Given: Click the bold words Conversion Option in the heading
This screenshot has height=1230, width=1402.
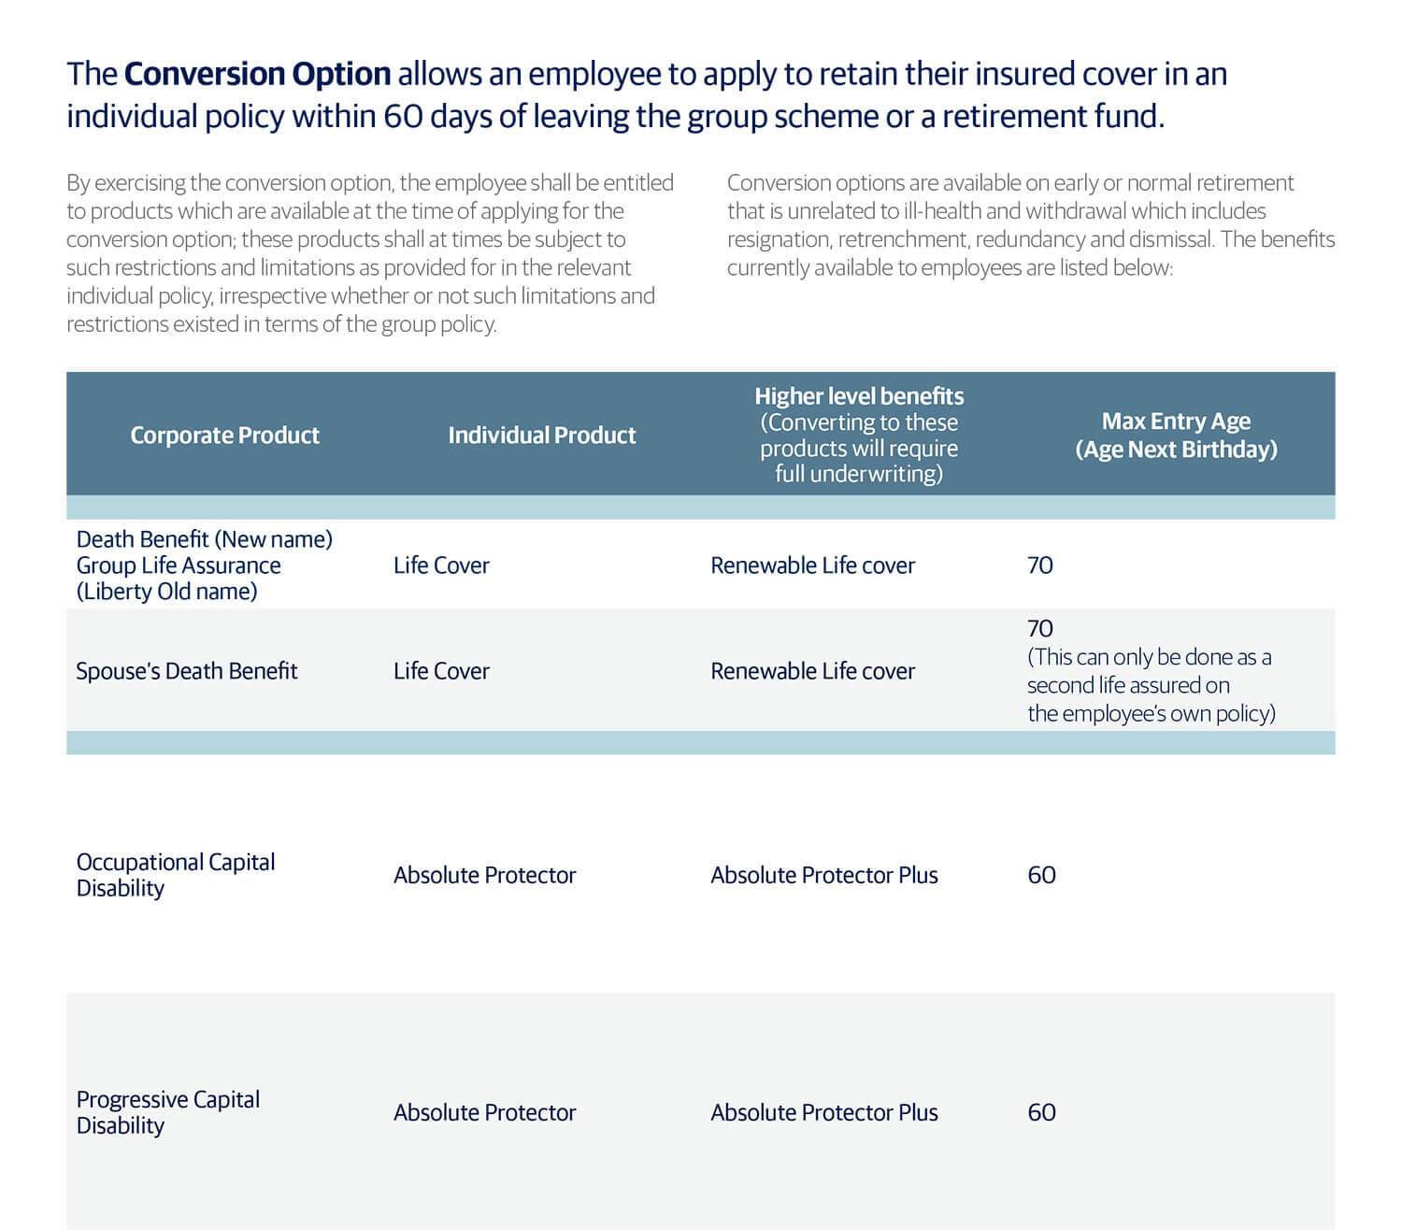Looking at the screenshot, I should (257, 74).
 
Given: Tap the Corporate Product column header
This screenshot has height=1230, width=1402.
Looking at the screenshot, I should (224, 435).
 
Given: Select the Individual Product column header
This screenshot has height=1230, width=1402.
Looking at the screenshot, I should (541, 435).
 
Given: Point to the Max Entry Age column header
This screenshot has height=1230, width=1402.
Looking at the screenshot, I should (1176, 435).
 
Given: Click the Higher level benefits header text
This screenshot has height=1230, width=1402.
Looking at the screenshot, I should (859, 396).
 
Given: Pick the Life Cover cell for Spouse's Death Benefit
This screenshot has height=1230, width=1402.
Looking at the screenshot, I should (441, 671).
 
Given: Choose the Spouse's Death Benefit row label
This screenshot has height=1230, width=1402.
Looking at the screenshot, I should (187, 671).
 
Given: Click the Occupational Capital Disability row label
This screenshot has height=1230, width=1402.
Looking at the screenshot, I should (176, 875).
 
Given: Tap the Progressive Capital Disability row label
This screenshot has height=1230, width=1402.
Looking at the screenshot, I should (168, 1112).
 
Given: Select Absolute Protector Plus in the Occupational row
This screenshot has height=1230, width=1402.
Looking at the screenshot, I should (823, 875).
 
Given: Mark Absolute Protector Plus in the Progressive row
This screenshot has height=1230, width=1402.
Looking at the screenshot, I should (823, 1112).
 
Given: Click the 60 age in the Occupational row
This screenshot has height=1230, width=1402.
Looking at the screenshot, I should (1041, 875).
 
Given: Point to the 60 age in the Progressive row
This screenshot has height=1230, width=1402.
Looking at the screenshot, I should (1041, 1112).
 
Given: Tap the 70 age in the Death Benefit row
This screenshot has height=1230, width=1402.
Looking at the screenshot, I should (1039, 565).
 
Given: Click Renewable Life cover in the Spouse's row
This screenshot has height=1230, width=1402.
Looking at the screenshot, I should (812, 671).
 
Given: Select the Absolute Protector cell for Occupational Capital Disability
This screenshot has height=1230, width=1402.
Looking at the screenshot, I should (484, 875).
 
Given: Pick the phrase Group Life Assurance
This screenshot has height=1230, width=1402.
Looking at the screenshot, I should (179, 565).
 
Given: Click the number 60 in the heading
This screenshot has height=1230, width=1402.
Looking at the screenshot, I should (402, 117).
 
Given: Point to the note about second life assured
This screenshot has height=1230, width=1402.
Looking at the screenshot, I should (1150, 685).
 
